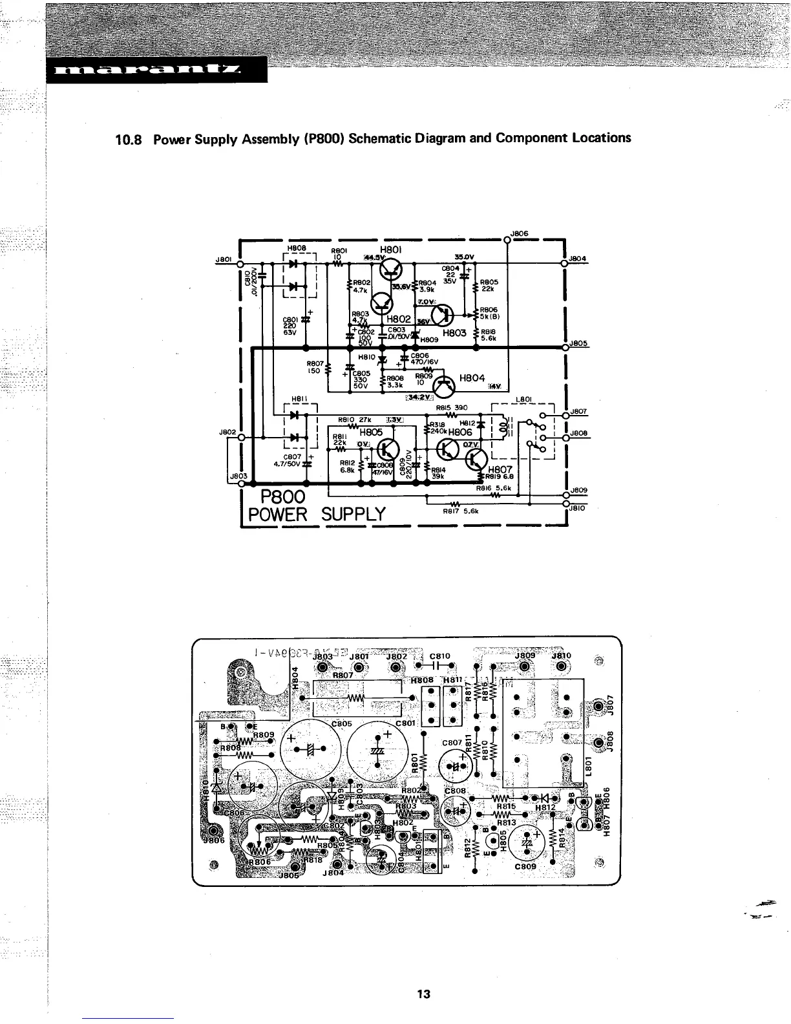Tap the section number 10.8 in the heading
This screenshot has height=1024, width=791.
pyautogui.click(x=128, y=138)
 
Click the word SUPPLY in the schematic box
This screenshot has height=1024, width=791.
pyautogui.click(x=353, y=515)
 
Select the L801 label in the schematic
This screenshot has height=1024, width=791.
pyautogui.click(x=523, y=400)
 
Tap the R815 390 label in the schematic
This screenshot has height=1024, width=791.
pyautogui.click(x=452, y=408)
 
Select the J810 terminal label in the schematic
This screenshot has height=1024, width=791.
pyautogui.click(x=576, y=509)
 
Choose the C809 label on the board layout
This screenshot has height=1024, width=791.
pyautogui.click(x=525, y=867)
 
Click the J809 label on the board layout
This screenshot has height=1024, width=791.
pyautogui.click(x=525, y=656)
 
